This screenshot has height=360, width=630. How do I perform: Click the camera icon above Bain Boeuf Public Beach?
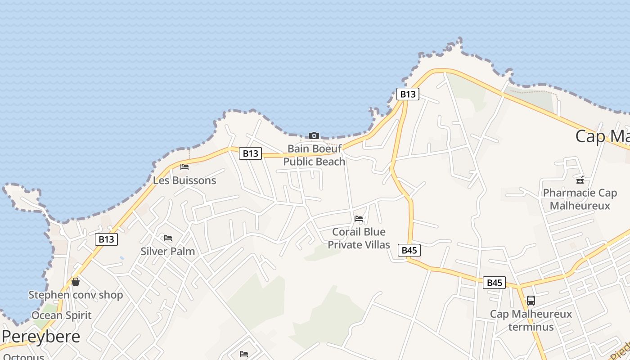[314, 135]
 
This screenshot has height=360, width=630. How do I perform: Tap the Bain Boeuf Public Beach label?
[314, 155]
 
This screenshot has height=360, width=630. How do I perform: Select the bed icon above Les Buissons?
[184, 167]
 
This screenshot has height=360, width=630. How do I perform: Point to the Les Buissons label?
[184, 180]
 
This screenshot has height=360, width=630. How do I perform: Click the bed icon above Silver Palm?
[168, 238]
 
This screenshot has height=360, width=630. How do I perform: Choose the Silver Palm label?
[168, 251]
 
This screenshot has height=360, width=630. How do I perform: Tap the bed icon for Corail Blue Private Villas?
[359, 218]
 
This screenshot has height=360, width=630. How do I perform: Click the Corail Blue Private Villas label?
[359, 238]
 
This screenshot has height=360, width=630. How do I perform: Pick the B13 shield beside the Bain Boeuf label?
[250, 153]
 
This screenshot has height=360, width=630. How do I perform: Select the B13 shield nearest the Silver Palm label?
[107, 239]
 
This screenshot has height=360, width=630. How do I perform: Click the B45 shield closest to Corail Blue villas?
[409, 250]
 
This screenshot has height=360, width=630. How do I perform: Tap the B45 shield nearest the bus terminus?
[494, 283]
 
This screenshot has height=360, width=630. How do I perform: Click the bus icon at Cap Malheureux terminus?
[531, 300]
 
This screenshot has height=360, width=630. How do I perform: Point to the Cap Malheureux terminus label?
[531, 320]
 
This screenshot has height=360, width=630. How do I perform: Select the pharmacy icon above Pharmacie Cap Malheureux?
[580, 180]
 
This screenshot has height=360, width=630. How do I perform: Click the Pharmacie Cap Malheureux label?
[580, 199]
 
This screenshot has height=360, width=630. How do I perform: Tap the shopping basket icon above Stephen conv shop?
[76, 282]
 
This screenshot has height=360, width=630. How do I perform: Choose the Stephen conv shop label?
[76, 295]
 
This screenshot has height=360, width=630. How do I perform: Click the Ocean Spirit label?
[61, 315]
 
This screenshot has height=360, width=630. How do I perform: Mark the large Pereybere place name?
[41, 337]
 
